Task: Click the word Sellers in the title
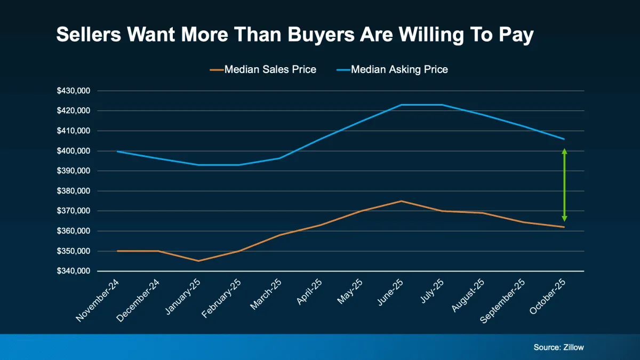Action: click(x=89, y=35)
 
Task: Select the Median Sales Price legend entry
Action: click(x=263, y=69)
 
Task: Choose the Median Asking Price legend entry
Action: click(x=392, y=69)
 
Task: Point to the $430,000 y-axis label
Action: click(x=74, y=91)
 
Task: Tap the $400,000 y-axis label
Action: click(x=74, y=151)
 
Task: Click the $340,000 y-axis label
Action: click(x=74, y=271)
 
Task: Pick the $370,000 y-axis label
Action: click(x=74, y=211)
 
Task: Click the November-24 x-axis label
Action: click(x=97, y=301)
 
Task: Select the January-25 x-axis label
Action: click(x=183, y=297)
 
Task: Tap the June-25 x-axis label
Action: click(x=390, y=292)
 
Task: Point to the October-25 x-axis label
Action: click(x=547, y=297)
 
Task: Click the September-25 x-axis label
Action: click(x=502, y=301)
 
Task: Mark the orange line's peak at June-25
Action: click(x=401, y=201)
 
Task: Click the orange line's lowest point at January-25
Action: click(x=198, y=261)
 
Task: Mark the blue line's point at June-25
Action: click(x=401, y=105)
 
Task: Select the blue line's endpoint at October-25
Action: click(x=564, y=139)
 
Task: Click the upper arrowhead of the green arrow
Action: click(x=564, y=151)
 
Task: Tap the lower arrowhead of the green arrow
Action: click(x=564, y=219)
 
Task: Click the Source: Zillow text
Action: click(x=558, y=347)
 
